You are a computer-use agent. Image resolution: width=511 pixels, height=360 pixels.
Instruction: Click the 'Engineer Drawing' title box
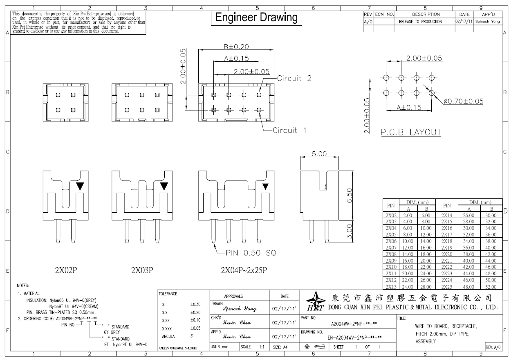[256, 18]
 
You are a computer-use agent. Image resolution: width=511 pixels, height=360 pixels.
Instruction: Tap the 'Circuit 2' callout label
[294, 78]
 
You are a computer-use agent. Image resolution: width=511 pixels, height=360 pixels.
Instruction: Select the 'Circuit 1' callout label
[289, 130]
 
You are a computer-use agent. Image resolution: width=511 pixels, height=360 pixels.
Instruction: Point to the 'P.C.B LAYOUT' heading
[411, 132]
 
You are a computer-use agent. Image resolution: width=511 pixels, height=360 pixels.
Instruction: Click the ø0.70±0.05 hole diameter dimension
[463, 101]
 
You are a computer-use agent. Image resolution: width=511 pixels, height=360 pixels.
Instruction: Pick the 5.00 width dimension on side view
[319, 154]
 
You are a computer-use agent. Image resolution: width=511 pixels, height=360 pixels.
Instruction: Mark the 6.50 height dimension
[349, 195]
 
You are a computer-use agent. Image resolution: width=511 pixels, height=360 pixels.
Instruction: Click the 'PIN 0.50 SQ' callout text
[251, 253]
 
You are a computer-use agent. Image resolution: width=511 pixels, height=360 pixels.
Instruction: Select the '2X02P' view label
[66, 270]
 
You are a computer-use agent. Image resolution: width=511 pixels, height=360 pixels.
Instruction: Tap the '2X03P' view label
[142, 270]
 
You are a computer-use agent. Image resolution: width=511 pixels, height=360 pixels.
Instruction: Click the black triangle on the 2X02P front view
[80, 186]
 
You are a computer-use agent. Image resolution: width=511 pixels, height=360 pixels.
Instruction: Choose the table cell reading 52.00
[491, 287]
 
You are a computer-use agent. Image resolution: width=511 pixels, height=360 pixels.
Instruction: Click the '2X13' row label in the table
[391, 287]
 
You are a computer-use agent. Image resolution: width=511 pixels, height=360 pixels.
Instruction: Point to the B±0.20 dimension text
[236, 47]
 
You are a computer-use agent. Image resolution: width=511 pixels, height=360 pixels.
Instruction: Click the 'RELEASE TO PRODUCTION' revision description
[420, 22]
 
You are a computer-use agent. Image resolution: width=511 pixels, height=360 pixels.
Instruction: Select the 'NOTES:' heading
[23, 286]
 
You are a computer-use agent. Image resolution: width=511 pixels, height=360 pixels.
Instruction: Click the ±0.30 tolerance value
[195, 304]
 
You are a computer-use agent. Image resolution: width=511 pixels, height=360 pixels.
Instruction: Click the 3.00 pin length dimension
[349, 231]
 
